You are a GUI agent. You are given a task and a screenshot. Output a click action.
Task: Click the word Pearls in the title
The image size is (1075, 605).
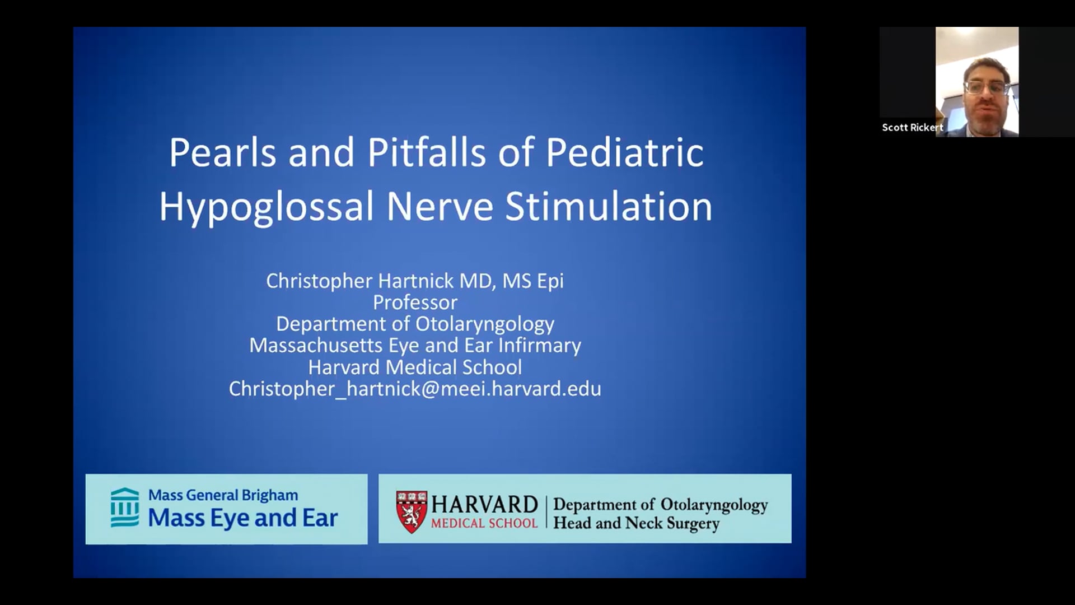pos(223,152)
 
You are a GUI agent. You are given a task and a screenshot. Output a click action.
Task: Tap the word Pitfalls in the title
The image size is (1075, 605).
pos(427,152)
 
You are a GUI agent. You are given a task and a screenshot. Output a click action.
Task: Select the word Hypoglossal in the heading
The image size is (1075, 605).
pos(267,207)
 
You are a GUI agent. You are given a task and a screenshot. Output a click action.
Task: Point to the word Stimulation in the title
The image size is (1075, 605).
pos(609,206)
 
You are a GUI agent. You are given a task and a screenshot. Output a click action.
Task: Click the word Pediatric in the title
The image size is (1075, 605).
pos(625,152)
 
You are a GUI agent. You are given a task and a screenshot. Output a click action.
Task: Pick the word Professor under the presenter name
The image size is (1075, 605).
pos(415,302)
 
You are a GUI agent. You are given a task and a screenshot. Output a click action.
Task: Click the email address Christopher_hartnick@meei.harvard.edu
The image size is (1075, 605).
pos(415,389)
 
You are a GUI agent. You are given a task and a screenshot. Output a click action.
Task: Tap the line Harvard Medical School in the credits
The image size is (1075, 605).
pos(415,367)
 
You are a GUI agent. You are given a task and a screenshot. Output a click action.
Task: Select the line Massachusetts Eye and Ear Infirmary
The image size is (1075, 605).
pos(415,346)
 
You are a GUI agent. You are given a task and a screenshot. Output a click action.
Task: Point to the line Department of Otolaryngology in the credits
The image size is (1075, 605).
pos(415,324)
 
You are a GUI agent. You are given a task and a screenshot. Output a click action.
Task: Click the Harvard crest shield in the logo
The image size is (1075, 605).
pos(412,512)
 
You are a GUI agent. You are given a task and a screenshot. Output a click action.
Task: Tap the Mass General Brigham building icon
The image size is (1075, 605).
pos(125,508)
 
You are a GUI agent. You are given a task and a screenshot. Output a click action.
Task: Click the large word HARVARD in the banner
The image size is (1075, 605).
pos(484,505)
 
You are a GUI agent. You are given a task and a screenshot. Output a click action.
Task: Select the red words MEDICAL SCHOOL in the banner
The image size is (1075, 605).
pos(484,524)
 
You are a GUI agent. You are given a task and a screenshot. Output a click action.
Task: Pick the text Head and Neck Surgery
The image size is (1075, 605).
pos(637,524)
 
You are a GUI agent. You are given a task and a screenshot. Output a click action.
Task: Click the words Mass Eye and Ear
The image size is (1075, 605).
pos(243,518)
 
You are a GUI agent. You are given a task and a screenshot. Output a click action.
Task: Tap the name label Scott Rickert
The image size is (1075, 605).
pos(913,128)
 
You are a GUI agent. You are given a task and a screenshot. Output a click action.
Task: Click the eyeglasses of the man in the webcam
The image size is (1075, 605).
pos(986,87)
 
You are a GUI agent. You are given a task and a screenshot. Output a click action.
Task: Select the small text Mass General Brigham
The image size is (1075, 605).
pos(223,496)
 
